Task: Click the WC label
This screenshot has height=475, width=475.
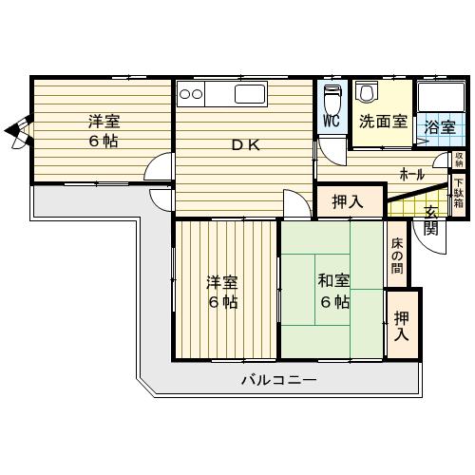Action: [332, 121]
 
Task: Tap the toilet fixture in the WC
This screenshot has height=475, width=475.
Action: [332, 99]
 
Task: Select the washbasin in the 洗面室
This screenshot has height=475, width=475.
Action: [367, 92]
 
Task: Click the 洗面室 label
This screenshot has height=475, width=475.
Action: [383, 122]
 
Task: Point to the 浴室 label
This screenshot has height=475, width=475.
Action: [440, 127]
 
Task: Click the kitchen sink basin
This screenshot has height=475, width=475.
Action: [250, 94]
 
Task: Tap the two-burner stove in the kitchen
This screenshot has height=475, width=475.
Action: [191, 94]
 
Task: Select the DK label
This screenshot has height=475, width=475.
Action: [246, 145]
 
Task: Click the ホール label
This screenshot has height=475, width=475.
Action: [411, 174]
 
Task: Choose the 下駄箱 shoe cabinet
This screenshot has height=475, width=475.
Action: [458, 195]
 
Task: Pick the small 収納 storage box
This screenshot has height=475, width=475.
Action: [459, 160]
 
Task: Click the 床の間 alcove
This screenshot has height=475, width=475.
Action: [397, 254]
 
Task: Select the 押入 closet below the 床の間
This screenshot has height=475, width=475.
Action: [403, 325]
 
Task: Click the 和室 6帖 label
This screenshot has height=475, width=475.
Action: [334, 291]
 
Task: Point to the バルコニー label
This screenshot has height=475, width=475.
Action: [278, 379]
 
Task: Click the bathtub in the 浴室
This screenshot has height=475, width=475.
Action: [441, 96]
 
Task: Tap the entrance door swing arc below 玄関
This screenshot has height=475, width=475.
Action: [427, 245]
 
